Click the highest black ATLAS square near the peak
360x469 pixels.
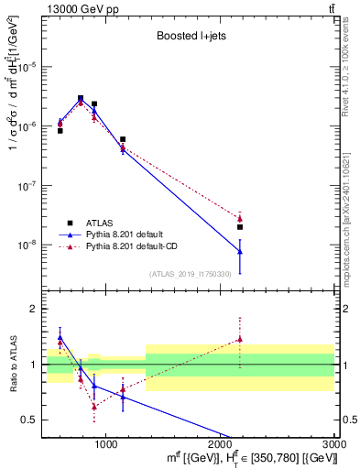point(81,98)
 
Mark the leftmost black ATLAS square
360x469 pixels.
point(60,131)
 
